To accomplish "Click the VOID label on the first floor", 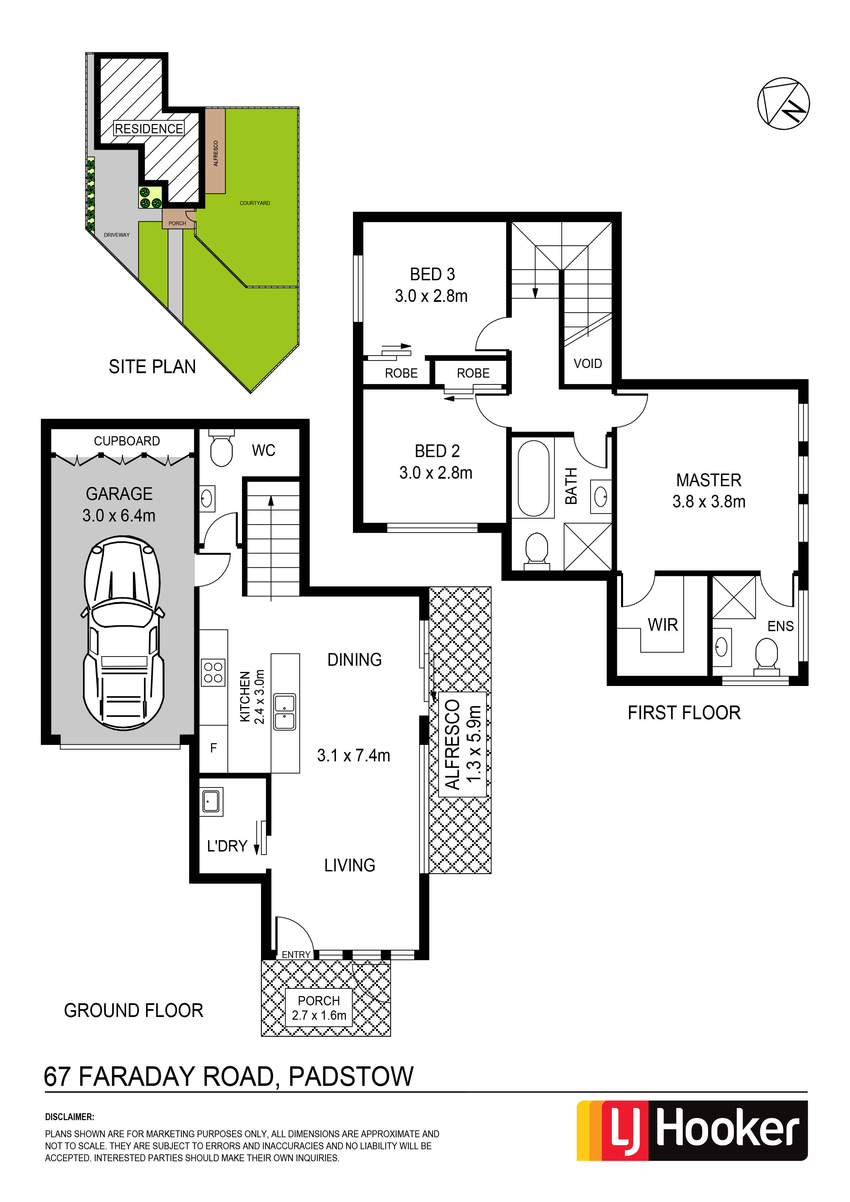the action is tap(587, 363).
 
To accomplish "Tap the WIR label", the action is tap(663, 625).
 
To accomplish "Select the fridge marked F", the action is tap(213, 748).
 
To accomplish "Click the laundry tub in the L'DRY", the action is tap(211, 801).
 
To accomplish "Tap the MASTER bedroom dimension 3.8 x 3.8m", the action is tap(708, 502).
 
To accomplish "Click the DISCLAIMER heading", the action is tap(70, 1117).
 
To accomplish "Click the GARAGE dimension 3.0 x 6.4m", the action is tap(119, 516).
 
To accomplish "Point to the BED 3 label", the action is tap(432, 274).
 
